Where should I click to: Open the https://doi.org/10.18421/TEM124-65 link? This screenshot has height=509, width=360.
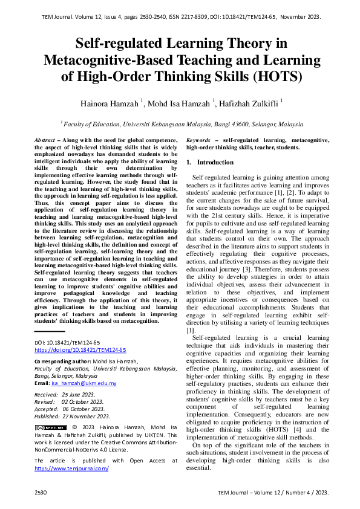pyautogui.click(x=80, y=350)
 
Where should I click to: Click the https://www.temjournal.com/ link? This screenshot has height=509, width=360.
pyautogui.click(x=71, y=468)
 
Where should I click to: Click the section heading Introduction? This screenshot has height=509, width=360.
pyautogui.click(x=215, y=163)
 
